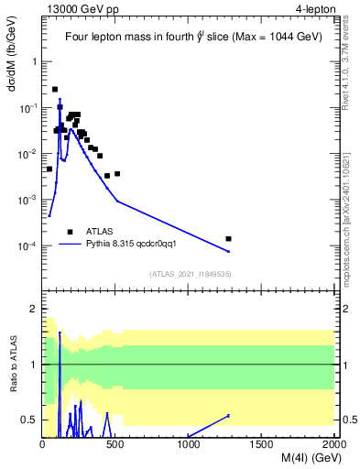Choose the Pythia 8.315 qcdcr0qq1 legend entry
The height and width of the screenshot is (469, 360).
pos(137,245)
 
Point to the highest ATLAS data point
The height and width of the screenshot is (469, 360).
pos(55,89)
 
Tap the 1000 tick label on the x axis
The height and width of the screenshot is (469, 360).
pos(189,444)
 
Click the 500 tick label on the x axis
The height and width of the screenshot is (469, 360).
pos(115,444)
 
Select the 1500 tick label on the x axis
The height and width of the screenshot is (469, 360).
pos(261,444)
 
